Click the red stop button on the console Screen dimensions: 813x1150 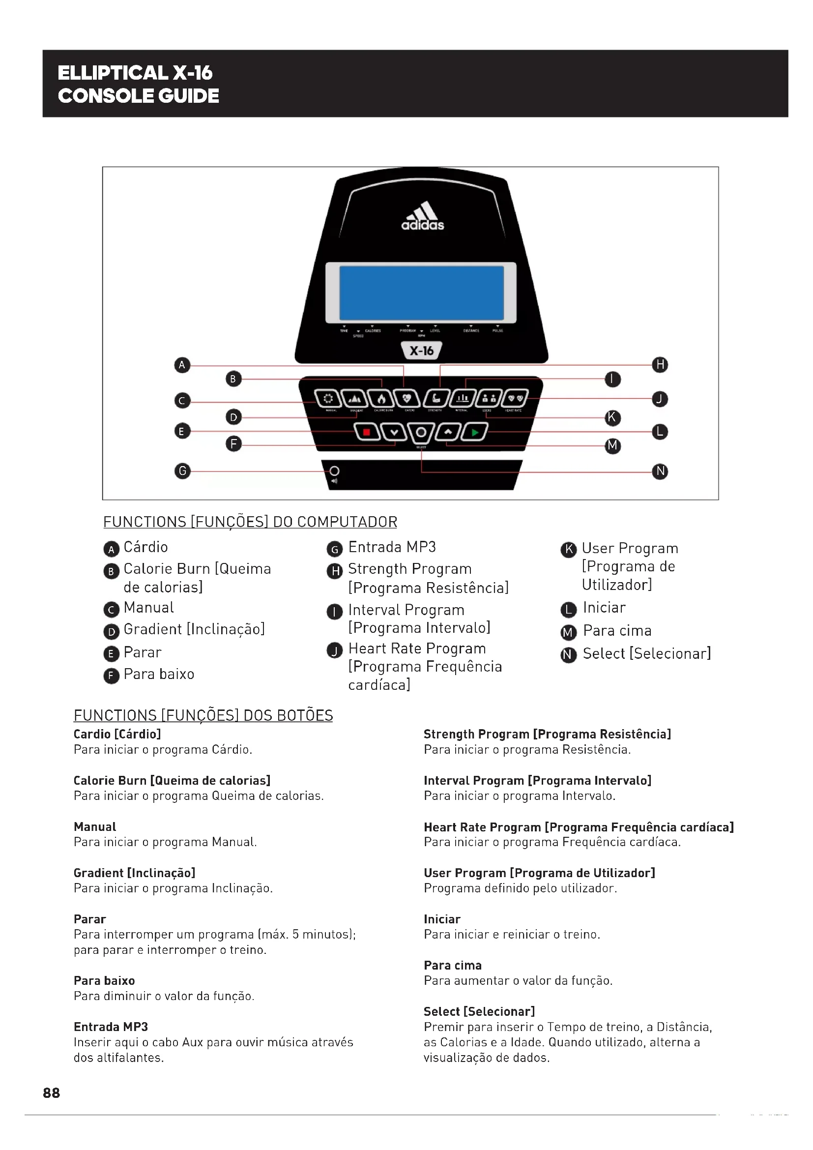point(367,432)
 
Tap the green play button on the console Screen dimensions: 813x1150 point(475,432)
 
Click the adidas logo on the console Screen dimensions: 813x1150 point(423,216)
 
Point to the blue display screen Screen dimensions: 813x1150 point(422,293)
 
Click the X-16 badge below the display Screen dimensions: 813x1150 point(422,351)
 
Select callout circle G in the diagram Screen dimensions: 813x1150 point(182,471)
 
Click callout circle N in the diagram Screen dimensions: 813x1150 point(660,472)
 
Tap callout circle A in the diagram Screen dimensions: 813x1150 point(182,365)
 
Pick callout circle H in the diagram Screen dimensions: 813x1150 point(660,365)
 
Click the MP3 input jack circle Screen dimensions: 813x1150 point(334,471)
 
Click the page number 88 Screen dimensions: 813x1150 point(52,1092)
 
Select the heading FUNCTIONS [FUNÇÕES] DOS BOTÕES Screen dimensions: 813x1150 point(203,715)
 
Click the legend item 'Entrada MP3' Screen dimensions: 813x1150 point(392,547)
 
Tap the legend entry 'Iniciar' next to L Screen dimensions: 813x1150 point(604,608)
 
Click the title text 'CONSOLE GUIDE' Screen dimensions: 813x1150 point(139,96)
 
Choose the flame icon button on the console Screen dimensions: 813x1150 point(381,399)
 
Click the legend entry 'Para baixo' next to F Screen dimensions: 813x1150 point(159,674)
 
